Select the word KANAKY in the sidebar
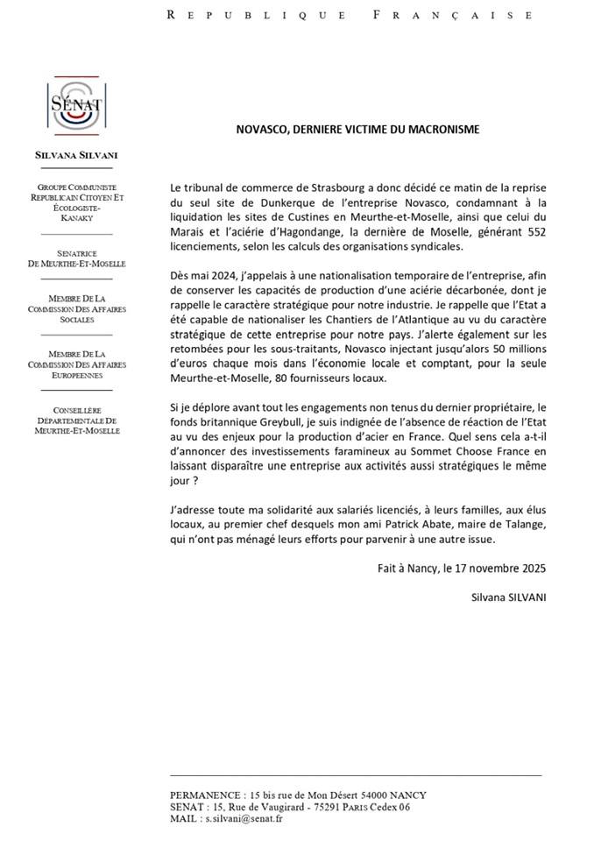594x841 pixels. [x=76, y=220]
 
